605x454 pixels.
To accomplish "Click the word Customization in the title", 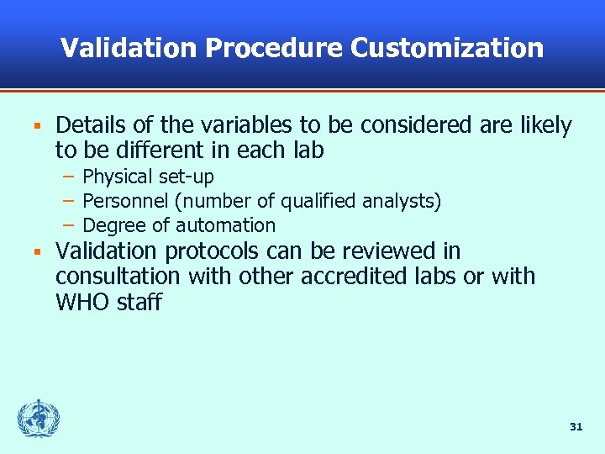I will [447, 48].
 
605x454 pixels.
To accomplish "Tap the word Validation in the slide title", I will [129, 48].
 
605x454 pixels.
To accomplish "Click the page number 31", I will [576, 427].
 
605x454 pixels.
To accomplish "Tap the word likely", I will [543, 126].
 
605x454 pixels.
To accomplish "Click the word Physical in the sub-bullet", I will [115, 177].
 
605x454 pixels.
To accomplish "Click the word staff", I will [138, 301].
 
